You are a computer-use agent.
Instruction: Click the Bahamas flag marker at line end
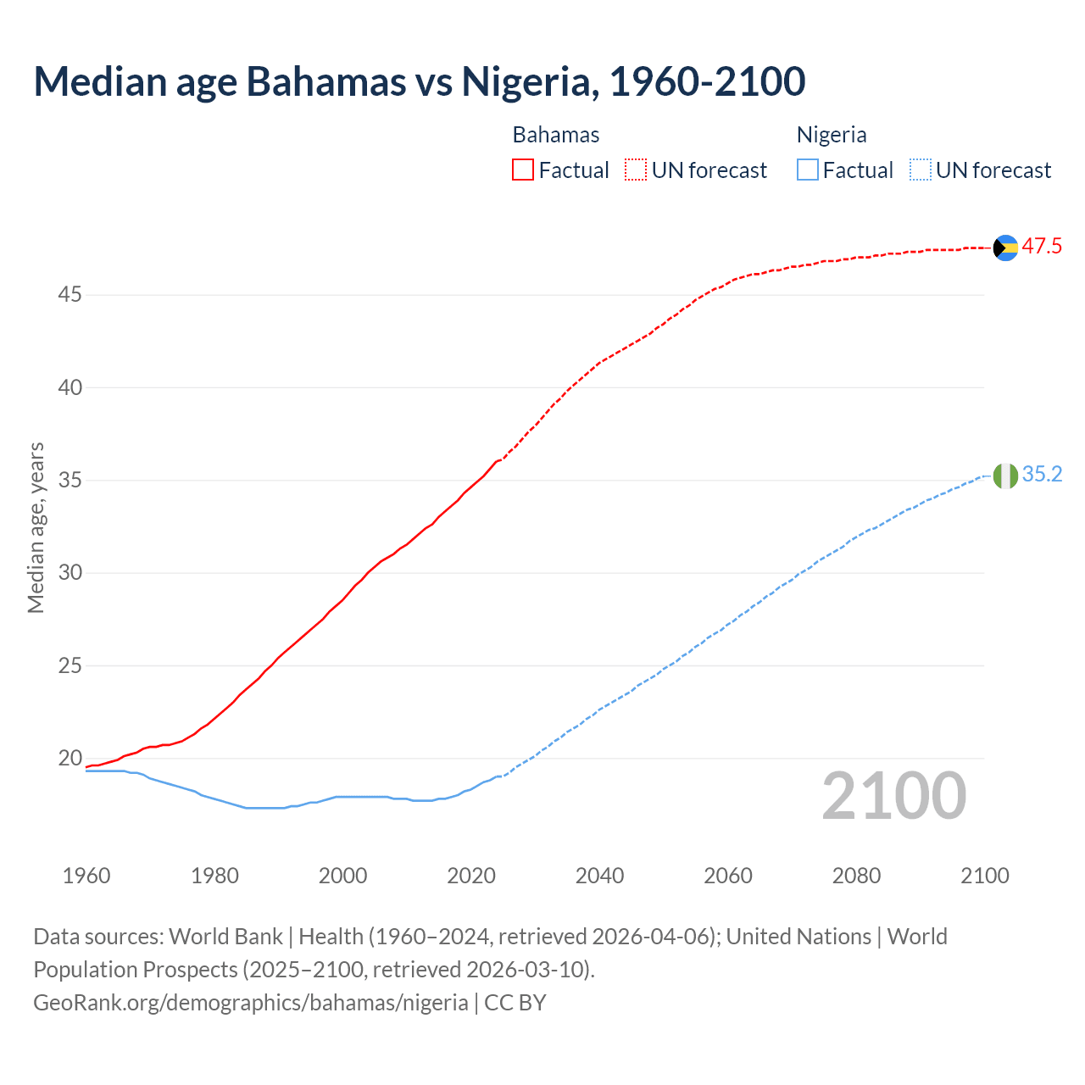click(x=1005, y=248)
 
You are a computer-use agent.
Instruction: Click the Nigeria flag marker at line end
click(x=1005, y=476)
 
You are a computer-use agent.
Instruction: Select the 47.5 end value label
click(x=1042, y=247)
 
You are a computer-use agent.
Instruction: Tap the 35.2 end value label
click(x=1042, y=475)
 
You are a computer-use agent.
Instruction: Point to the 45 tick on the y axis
click(x=70, y=295)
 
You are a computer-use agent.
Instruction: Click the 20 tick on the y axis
click(x=70, y=758)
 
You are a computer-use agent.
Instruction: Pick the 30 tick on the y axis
click(x=70, y=573)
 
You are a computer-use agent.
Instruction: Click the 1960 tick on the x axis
click(x=86, y=876)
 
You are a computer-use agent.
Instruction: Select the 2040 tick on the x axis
click(x=599, y=876)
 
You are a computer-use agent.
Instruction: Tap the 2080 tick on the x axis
click(x=856, y=876)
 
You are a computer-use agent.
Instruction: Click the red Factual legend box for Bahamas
click(x=523, y=170)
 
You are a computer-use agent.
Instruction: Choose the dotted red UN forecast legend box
click(x=636, y=170)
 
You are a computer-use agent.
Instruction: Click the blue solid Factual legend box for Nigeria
click(x=808, y=170)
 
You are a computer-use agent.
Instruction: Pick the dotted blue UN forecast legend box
click(x=921, y=170)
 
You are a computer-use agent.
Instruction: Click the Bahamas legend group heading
click(x=556, y=135)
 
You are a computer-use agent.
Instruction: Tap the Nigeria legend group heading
click(x=832, y=135)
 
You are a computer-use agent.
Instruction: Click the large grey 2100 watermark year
click(x=893, y=796)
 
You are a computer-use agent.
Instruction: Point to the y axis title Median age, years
click(x=36, y=527)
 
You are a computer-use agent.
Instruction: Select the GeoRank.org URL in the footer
click(x=251, y=1003)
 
